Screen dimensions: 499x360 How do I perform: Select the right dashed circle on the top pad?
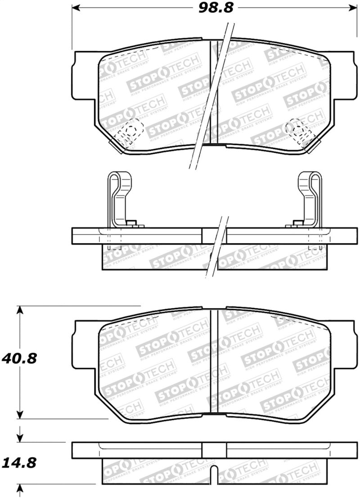point(297,129)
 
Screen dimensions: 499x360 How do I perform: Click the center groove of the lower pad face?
point(214,360)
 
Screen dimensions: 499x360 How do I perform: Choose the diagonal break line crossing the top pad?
point(211,95)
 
